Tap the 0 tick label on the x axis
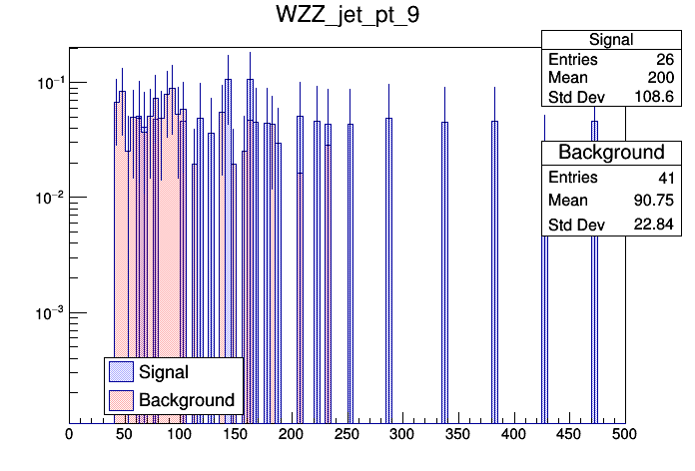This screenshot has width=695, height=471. [69, 434]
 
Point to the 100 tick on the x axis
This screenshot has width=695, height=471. [180, 434]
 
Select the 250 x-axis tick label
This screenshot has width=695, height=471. [347, 434]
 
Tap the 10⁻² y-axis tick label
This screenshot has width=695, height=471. [45, 198]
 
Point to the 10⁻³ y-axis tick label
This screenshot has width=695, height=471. [45, 313]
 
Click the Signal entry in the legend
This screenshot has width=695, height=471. [164, 372]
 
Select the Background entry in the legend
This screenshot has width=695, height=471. [187, 400]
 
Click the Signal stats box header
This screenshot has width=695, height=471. [610, 40]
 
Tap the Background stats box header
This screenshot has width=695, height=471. [610, 153]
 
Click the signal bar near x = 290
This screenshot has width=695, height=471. [389, 269]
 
